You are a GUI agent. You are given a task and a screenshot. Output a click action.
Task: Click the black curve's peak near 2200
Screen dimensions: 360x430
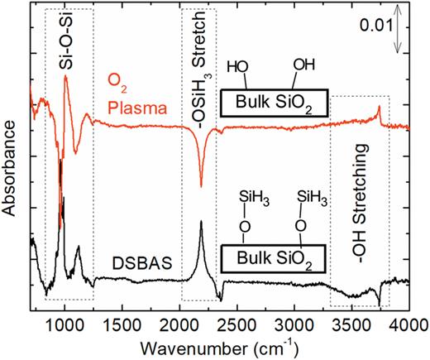click(x=201, y=222)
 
